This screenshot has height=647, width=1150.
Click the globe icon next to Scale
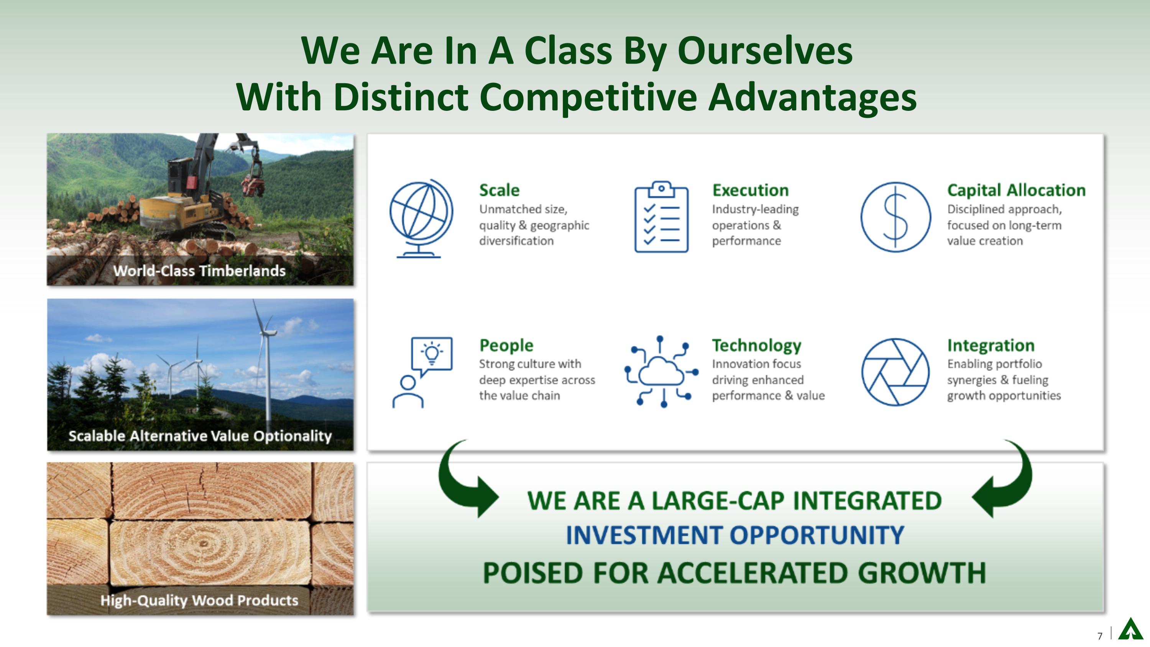click(421, 218)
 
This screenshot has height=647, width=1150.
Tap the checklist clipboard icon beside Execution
click(661, 217)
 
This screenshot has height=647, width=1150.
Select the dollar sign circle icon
click(895, 217)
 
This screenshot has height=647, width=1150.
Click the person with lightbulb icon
click(422, 372)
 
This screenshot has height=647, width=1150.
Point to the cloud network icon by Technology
click(661, 372)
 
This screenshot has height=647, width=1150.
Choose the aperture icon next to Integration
click(895, 372)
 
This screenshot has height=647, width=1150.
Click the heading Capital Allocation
click(1016, 190)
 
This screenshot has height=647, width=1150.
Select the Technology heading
click(756, 345)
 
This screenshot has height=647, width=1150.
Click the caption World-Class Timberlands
click(199, 271)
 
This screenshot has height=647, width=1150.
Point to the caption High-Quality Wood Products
click(199, 600)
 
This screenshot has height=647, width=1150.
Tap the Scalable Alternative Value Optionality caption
click(200, 436)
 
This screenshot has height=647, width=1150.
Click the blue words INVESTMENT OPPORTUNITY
click(735, 535)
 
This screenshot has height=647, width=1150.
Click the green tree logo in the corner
click(1130, 630)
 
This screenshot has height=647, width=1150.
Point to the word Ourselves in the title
click(765, 51)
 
